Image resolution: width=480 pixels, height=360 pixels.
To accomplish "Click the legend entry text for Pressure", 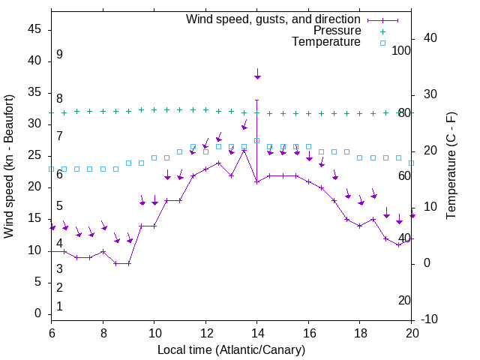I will pyautogui.click(x=337, y=31).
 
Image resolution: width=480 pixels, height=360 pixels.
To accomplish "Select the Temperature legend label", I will pyautogui.click(x=326, y=42).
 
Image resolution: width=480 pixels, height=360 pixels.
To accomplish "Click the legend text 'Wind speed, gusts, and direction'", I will pyautogui.click(x=274, y=19).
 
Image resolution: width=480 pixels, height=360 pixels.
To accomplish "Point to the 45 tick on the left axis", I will pyautogui.click(x=34, y=29).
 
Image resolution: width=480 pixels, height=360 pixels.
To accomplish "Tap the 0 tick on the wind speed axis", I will pyautogui.click(x=38, y=313).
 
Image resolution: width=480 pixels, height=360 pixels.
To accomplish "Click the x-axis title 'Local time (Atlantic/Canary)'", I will pyautogui.click(x=231, y=349).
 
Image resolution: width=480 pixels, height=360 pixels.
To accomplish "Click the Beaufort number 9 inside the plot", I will pyautogui.click(x=59, y=55).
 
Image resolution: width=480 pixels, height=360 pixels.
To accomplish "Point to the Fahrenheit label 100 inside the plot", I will pyautogui.click(x=401, y=50).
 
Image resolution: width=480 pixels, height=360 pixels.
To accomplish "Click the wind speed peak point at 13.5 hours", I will pyautogui.click(x=244, y=151).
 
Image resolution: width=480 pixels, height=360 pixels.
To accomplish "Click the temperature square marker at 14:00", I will pyautogui.click(x=256, y=140).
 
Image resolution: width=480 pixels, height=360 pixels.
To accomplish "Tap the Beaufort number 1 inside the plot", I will pyautogui.click(x=59, y=307).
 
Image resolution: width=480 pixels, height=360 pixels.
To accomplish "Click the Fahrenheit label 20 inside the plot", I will pyautogui.click(x=404, y=300).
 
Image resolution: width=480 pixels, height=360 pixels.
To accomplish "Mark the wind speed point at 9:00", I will pyautogui.click(x=129, y=263).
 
